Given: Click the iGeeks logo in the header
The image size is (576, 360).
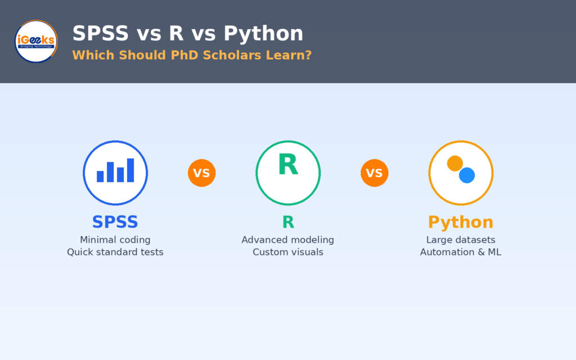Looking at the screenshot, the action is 36,41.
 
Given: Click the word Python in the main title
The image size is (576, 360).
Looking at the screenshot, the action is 263,34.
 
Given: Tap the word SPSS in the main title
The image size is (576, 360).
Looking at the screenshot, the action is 100,33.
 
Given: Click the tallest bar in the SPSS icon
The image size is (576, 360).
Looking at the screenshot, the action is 130,170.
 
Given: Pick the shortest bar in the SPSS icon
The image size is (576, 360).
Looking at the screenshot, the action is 100,176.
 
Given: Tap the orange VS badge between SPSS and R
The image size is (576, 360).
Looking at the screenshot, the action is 202,173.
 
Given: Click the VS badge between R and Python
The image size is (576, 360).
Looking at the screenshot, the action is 374,173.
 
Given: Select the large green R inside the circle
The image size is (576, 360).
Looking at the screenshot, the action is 288,165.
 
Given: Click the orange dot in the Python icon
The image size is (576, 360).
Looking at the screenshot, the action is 454,164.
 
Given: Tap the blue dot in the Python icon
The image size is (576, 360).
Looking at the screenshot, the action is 467,175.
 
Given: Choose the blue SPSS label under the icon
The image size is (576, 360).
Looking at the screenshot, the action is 115,222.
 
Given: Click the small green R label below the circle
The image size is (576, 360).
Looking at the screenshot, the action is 288,222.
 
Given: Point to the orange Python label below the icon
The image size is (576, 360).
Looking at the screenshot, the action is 461,223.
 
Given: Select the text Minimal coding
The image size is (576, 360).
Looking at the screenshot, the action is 115,240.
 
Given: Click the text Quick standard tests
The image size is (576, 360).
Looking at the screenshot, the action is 115,252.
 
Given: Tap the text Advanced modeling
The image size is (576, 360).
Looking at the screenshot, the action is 287,240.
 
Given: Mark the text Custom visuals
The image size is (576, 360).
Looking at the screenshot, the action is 288,252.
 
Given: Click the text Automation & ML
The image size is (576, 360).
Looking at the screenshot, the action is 461,252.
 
